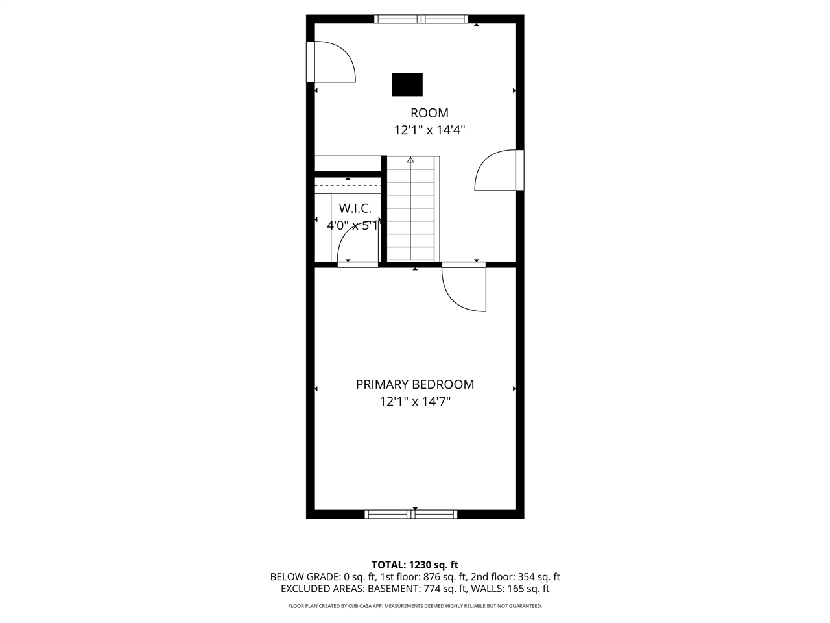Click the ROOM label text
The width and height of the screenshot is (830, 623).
[429, 113]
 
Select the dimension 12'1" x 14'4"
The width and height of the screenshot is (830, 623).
[429, 130]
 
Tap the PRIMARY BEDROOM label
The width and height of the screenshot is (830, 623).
[414, 384]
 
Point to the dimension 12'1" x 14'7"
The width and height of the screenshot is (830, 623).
[414, 402]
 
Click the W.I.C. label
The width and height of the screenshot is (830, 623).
[355, 208]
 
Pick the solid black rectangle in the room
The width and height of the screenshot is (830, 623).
[407, 84]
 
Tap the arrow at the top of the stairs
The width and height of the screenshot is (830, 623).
[410, 159]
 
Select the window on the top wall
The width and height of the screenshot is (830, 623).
[421, 19]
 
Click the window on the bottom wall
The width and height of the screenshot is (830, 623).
[411, 514]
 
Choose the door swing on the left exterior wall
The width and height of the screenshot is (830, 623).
[334, 62]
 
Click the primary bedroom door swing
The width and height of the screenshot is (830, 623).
[464, 288]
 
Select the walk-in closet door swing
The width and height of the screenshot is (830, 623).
[357, 247]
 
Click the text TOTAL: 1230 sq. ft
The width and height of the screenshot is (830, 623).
[414, 565]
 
